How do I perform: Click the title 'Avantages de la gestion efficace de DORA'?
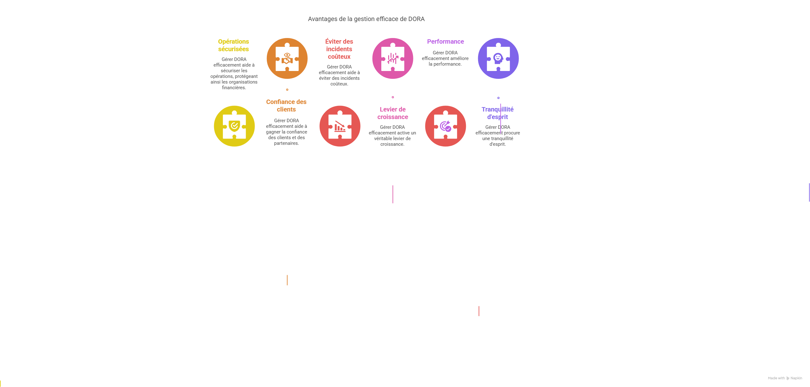(366, 19)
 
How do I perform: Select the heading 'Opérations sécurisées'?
(233, 45)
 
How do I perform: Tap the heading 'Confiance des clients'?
(286, 106)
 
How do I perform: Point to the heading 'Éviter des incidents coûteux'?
(339, 49)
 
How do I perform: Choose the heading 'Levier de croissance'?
(393, 113)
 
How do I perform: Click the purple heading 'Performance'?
(445, 41)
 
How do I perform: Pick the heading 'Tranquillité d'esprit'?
(497, 113)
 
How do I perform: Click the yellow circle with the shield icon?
(234, 126)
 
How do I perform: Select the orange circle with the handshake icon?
(287, 58)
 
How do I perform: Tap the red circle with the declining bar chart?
(340, 126)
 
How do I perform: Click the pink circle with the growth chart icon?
(393, 58)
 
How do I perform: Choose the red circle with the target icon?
(446, 126)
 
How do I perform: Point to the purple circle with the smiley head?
(499, 58)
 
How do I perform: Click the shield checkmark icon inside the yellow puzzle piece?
(234, 126)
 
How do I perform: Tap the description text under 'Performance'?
(445, 58)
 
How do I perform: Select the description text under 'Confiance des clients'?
(286, 132)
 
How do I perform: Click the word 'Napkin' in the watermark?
(796, 378)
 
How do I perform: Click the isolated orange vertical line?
(287, 280)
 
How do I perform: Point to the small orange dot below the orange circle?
(287, 90)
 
